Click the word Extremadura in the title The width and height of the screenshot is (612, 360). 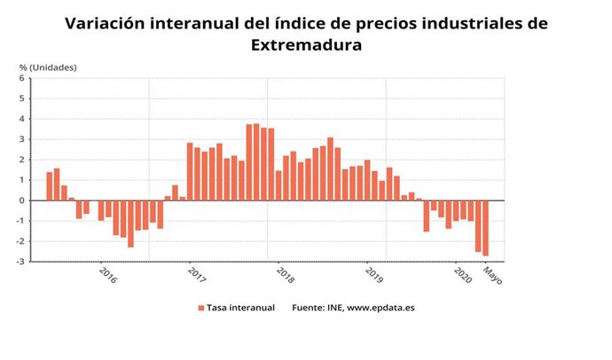click(x=306, y=44)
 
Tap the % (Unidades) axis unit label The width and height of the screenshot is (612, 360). click(x=48, y=67)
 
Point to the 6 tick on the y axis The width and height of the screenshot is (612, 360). click(x=24, y=78)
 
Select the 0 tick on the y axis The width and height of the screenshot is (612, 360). click(x=24, y=200)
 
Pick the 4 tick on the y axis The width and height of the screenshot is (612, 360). click(x=24, y=119)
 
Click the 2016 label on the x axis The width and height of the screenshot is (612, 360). click(x=107, y=275)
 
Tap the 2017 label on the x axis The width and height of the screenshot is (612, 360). click(x=196, y=275)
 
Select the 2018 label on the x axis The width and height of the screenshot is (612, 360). click(x=285, y=275)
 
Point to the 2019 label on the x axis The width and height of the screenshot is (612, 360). click(x=373, y=275)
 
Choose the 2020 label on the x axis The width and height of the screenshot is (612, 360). click(x=462, y=275)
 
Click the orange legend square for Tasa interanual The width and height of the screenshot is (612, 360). click(x=200, y=308)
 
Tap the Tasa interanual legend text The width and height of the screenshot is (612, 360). click(x=239, y=308)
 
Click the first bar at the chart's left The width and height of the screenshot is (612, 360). click(x=50, y=186)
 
